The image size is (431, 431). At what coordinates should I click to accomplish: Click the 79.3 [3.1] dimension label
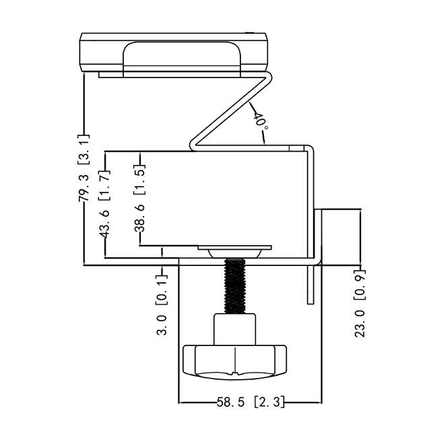click(84, 168)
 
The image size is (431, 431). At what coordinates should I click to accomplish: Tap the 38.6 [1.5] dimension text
click(139, 198)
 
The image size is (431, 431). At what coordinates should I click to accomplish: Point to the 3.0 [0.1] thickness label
click(162, 305)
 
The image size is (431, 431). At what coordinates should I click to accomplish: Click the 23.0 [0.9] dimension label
click(360, 304)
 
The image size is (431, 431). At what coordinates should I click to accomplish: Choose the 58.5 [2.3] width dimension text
click(250, 402)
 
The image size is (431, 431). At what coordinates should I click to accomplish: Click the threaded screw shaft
click(235, 286)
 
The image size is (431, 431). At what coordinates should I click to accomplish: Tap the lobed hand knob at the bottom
click(235, 362)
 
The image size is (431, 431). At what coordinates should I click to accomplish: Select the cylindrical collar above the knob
click(235, 329)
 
